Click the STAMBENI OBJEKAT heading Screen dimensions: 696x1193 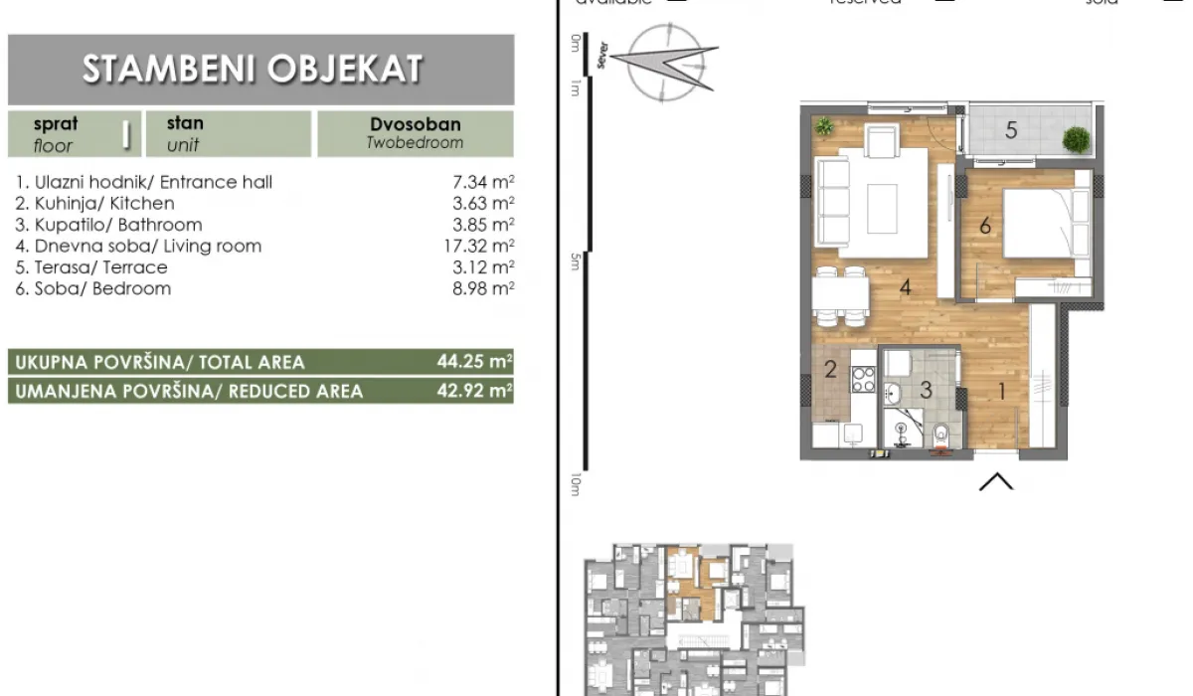point(253,70)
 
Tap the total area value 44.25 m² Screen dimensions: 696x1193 point(474,362)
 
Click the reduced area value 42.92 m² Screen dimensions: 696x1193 point(474,391)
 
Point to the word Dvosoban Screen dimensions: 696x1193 point(415,125)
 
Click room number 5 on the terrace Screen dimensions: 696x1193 point(1011,130)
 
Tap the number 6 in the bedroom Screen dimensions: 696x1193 point(985,227)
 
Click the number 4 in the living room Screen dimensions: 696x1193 point(906,288)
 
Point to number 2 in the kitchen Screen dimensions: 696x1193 point(831,372)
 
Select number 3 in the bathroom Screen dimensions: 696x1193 point(926,390)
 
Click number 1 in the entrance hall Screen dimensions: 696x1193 point(1001,391)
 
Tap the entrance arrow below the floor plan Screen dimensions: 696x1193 point(996,482)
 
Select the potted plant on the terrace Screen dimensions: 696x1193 point(1076,140)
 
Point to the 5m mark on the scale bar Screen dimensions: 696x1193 point(576,261)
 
